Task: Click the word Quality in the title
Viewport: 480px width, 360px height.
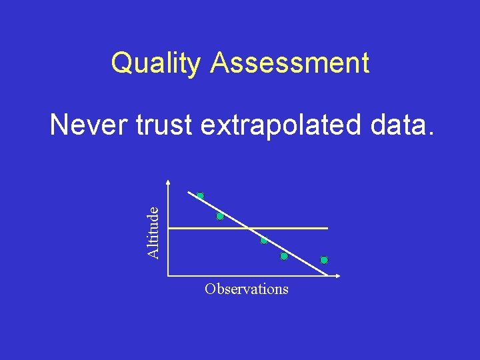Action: [157, 63]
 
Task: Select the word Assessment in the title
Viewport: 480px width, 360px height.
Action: [289, 63]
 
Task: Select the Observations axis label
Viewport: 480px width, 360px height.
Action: [247, 289]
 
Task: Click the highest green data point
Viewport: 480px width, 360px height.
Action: [200, 196]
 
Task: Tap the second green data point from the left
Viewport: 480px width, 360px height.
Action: [219, 216]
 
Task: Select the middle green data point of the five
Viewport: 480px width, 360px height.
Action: [264, 240]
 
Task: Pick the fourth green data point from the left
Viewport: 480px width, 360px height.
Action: [283, 256]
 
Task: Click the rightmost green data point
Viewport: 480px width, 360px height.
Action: [324, 259]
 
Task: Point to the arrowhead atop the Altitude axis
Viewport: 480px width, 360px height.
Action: [169, 183]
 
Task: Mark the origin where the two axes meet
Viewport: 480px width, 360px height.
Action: [169, 275]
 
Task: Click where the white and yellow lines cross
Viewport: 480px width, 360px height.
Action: [248, 229]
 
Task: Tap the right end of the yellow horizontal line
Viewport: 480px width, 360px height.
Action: [327, 229]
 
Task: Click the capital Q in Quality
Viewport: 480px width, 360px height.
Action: [121, 63]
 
